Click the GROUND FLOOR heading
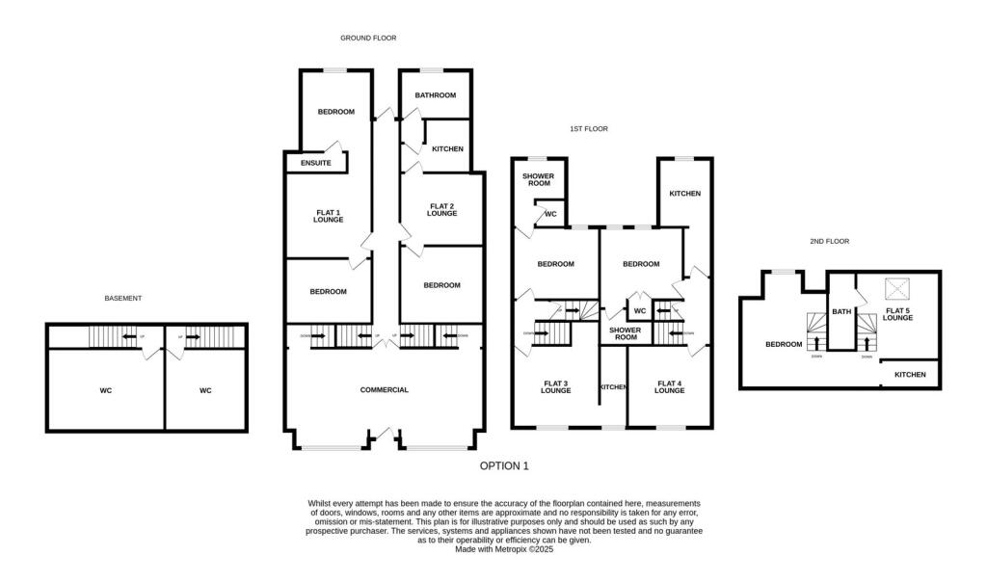pyautogui.click(x=368, y=38)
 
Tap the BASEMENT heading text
pyautogui.click(x=122, y=299)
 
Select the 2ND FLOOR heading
pyautogui.click(x=830, y=241)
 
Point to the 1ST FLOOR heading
pyautogui.click(x=588, y=128)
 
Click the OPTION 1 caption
pyautogui.click(x=504, y=465)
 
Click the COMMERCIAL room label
pyautogui.click(x=385, y=390)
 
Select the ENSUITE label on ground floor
pyautogui.click(x=316, y=163)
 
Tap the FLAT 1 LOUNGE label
pyautogui.click(x=328, y=216)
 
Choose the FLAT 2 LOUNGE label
pyautogui.click(x=441, y=209)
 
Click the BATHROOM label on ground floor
pyautogui.click(x=435, y=95)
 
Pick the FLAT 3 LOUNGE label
pyautogui.click(x=555, y=387)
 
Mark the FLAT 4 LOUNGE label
pyautogui.click(x=669, y=387)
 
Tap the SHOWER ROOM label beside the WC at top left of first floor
pyautogui.click(x=537, y=179)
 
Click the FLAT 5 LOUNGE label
pyautogui.click(x=897, y=313)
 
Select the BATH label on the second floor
pyautogui.click(x=841, y=311)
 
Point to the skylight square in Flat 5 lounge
pyautogui.click(x=896, y=286)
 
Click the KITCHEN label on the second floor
pyautogui.click(x=910, y=375)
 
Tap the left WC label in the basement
pyautogui.click(x=106, y=390)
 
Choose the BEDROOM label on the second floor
pyautogui.click(x=784, y=344)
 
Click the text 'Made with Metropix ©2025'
pyautogui.click(x=504, y=549)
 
